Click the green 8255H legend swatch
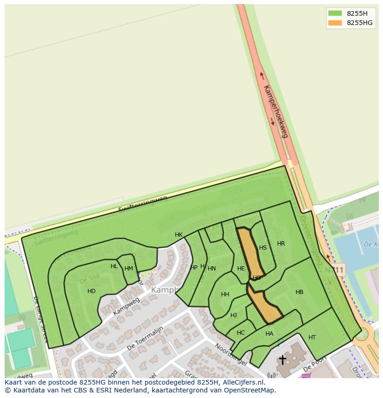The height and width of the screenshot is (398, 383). click(335, 13)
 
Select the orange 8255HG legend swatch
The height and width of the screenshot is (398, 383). click(335, 23)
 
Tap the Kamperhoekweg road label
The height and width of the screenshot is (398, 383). click(276, 111)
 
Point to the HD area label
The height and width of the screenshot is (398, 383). click(92, 291)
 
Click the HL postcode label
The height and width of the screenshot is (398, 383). click(114, 266)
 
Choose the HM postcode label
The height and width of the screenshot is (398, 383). click(129, 269)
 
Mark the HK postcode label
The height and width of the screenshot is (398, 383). click(179, 235)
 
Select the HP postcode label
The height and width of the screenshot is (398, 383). click(194, 267)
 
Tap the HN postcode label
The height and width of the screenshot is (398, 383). click(212, 269)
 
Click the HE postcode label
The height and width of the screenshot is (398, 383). click(241, 269)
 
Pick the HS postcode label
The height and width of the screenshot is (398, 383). click(263, 248)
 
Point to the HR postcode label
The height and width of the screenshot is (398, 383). click(281, 244)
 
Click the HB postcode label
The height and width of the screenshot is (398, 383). click(299, 292)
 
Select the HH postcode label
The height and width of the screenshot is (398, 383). click(225, 294)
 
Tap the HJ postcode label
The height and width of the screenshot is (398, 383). click(234, 315)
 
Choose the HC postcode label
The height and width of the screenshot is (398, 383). click(241, 333)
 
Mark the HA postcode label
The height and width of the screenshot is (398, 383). click(269, 334)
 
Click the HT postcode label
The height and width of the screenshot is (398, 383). click(312, 337)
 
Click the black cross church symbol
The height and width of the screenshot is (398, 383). click(282, 359)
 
